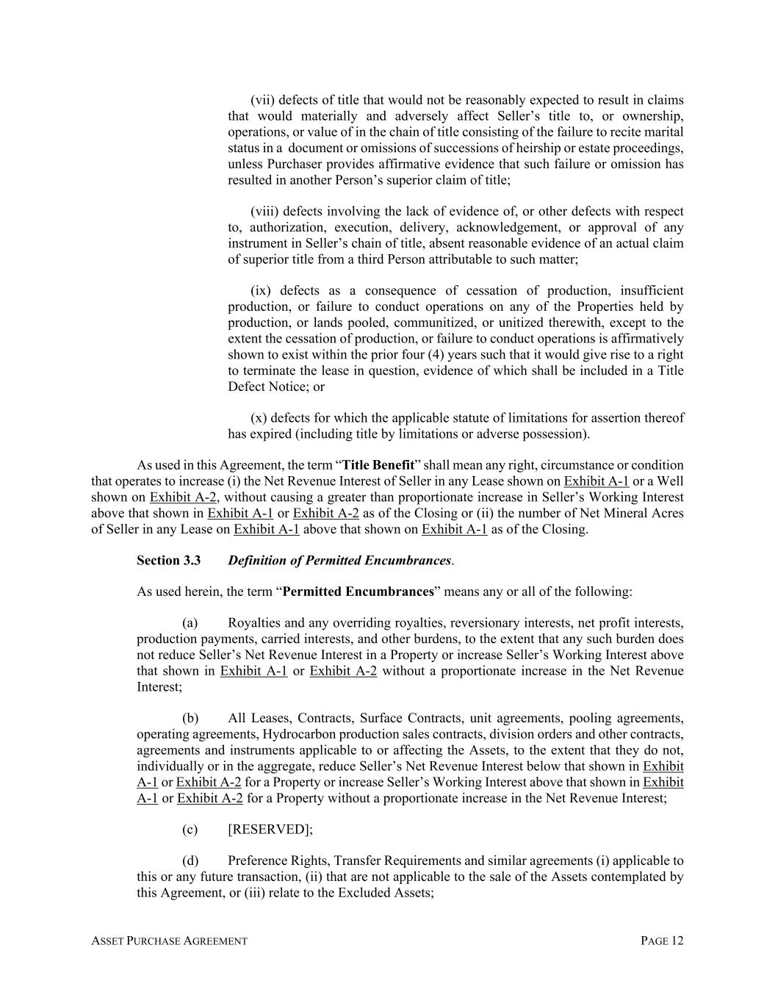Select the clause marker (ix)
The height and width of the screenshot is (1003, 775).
(262, 291)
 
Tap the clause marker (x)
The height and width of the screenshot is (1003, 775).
(259, 418)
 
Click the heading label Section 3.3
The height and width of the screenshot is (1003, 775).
(168, 561)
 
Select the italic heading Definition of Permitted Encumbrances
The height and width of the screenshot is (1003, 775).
(339, 561)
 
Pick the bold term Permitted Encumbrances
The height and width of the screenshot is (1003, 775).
(358, 592)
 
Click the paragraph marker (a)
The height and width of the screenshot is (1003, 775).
(190, 623)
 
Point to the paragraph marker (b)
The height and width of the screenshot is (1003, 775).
(190, 719)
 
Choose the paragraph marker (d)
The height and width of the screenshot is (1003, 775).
(190, 861)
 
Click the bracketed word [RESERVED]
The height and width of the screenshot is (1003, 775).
(270, 830)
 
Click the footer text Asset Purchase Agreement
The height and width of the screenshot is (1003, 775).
(169, 941)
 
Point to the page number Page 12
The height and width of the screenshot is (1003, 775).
(662, 941)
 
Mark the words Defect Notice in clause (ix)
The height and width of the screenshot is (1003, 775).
(266, 387)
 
